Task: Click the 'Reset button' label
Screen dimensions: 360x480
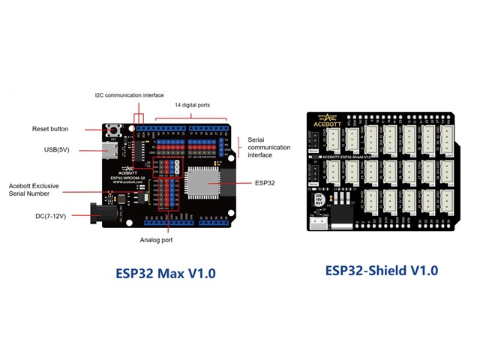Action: pos(50,129)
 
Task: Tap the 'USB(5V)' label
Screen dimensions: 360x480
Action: pos(58,150)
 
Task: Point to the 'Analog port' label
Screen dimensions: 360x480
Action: pos(155,240)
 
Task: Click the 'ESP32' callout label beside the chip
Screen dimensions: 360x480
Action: pos(265,182)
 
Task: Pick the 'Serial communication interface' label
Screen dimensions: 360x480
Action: pos(268,148)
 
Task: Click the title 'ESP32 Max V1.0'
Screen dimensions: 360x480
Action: pos(166,273)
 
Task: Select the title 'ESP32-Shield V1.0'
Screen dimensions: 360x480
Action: pos(382,271)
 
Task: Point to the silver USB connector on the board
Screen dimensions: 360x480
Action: pos(111,151)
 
